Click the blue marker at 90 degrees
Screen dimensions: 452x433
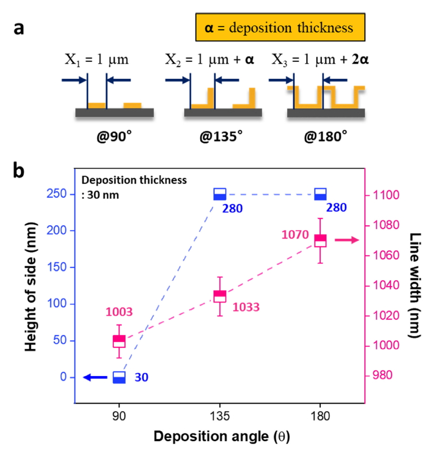[119, 377]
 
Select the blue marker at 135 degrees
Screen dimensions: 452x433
[220, 194]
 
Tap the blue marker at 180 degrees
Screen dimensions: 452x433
[320, 194]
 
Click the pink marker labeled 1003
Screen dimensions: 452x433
[119, 341]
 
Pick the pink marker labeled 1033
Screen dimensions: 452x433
[220, 296]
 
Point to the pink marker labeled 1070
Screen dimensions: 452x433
[320, 240]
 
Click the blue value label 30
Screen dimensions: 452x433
[142, 378]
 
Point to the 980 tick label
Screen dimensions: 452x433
[386, 376]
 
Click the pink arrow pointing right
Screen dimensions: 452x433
[346, 240]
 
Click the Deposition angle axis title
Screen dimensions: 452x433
[220, 436]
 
